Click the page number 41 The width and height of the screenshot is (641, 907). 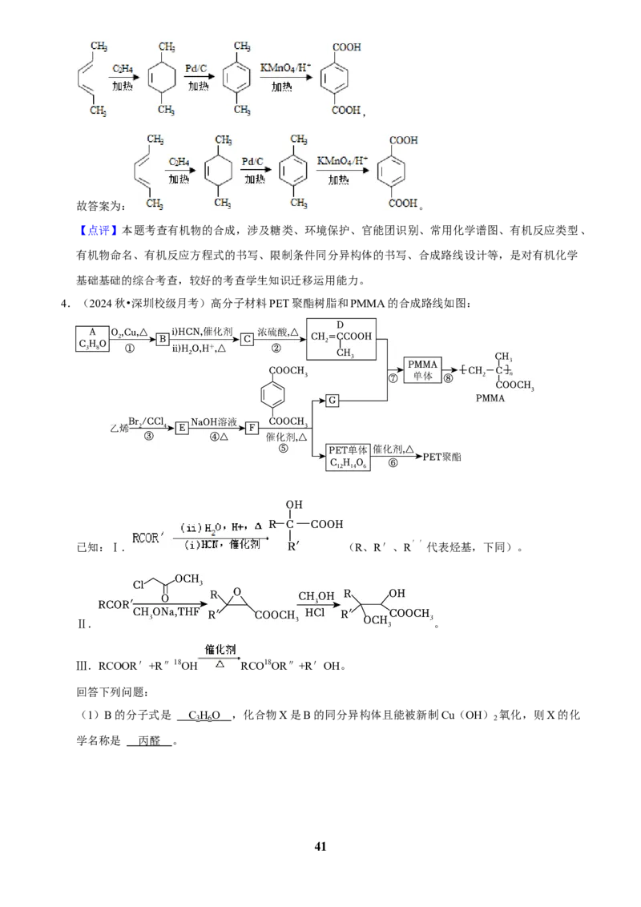coord(320,846)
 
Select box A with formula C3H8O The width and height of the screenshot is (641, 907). coord(93,338)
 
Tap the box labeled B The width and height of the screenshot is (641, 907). coord(163,339)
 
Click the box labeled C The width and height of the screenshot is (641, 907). coord(247,339)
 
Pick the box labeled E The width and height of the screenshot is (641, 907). coord(182,428)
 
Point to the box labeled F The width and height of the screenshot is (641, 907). coord(252,428)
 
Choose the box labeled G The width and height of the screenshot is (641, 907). coord(332,401)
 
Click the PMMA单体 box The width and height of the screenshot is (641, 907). coord(423,370)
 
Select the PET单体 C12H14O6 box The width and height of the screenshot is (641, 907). coord(348,457)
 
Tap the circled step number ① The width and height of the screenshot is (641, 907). coord(130,349)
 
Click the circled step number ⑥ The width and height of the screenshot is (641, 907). coord(393,463)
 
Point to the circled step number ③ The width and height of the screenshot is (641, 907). coord(149,436)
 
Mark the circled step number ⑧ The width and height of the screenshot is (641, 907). coord(449,378)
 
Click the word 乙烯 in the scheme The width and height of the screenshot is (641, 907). coord(119,429)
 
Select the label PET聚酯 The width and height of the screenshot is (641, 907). coord(442,457)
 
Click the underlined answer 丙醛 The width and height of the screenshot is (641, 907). coord(149,741)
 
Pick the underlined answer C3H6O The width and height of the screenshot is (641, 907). coord(204,716)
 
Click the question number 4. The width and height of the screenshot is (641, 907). coord(66,303)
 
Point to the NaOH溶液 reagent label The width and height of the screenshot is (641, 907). coord(214,422)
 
